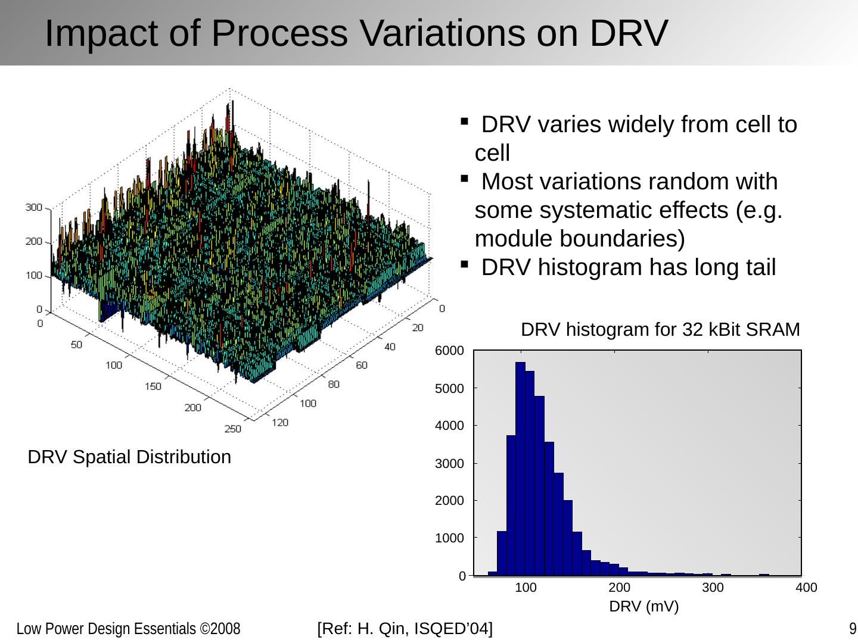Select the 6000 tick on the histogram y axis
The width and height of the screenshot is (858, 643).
point(449,351)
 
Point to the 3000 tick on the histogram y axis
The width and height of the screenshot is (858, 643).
point(449,463)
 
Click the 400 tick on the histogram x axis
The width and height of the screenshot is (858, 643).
point(806,588)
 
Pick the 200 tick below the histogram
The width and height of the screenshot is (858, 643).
point(620,588)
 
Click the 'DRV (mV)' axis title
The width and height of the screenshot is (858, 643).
point(643,607)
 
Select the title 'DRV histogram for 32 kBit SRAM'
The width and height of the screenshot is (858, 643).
point(660,329)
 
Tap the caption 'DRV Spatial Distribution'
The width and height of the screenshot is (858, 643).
point(129,457)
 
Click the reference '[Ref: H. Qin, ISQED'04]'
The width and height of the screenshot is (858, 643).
point(405,629)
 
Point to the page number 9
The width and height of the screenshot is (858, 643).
point(853,629)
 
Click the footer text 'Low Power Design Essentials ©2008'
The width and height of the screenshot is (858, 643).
point(128,629)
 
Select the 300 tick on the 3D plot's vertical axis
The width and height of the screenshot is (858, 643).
point(34,207)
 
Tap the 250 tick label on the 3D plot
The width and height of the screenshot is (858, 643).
point(233,429)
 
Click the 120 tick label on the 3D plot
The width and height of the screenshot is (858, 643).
point(280,422)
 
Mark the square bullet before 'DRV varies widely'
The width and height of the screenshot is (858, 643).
point(464,121)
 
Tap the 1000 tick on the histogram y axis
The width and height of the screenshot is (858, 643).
point(449,538)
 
